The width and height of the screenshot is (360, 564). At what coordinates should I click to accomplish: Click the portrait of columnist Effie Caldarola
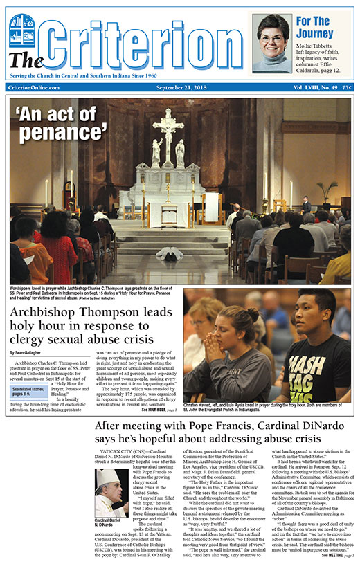click(271, 42)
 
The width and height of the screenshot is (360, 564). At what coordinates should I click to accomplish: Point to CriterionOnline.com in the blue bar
click(33, 88)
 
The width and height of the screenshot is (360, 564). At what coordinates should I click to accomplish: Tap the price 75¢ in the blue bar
click(347, 88)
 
